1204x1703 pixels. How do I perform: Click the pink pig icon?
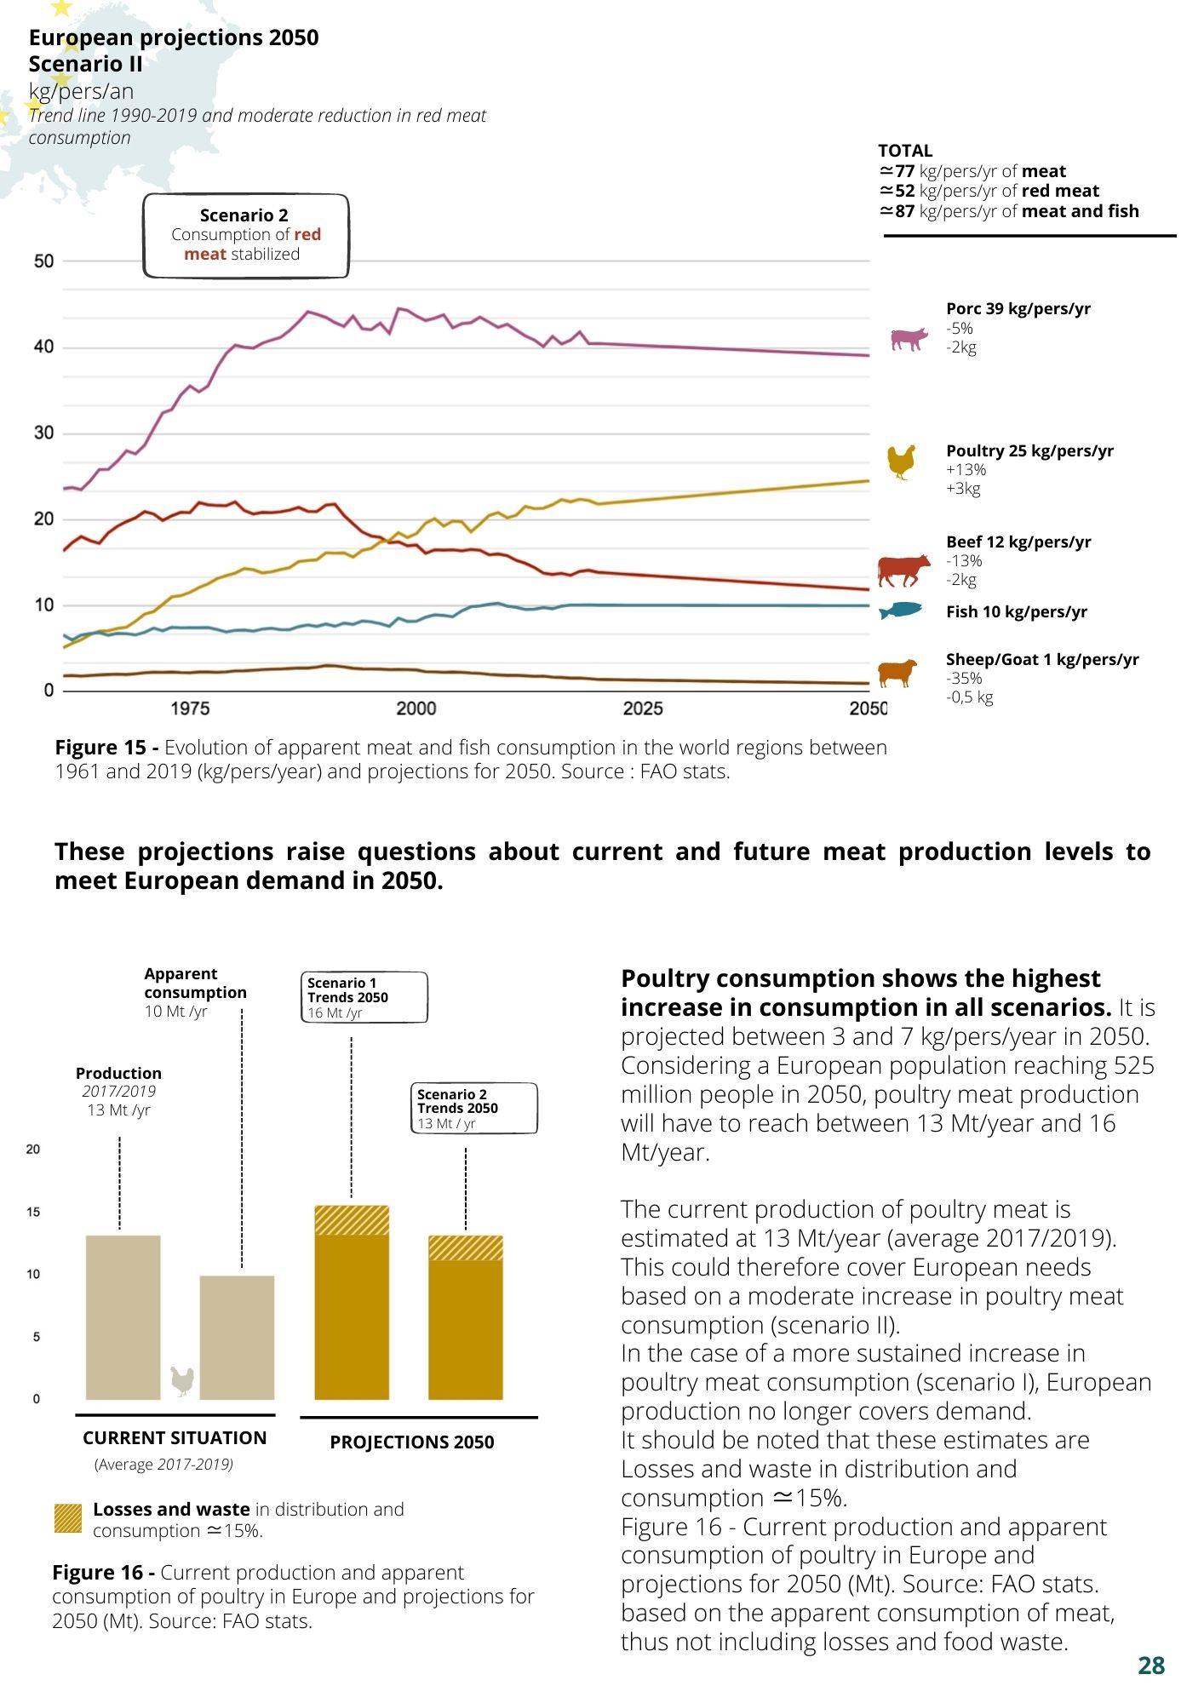909,339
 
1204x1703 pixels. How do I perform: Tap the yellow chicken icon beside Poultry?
902,462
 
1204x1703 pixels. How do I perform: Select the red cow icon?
904,571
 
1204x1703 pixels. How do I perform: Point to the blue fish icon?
901,611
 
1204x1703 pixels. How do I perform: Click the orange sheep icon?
898,672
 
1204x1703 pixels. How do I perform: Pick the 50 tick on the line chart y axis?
43,261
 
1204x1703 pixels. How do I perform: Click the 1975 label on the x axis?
189,708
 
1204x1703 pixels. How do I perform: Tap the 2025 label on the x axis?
643,708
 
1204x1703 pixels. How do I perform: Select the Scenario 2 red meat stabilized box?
245,236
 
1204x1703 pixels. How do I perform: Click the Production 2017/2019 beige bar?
123,1317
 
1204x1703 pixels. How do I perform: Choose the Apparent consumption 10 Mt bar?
237,1338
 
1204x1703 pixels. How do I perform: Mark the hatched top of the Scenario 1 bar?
352,1220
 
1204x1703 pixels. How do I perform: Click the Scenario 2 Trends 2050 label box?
475,1108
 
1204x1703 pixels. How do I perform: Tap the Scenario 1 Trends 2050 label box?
364,997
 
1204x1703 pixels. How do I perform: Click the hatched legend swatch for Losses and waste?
67,1518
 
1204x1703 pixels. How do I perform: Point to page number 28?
1151,1666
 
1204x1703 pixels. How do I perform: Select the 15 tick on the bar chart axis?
33,1212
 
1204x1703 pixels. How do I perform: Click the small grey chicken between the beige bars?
182,1380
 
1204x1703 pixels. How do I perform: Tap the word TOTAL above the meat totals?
905,151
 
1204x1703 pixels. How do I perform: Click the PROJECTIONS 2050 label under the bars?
412,1442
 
